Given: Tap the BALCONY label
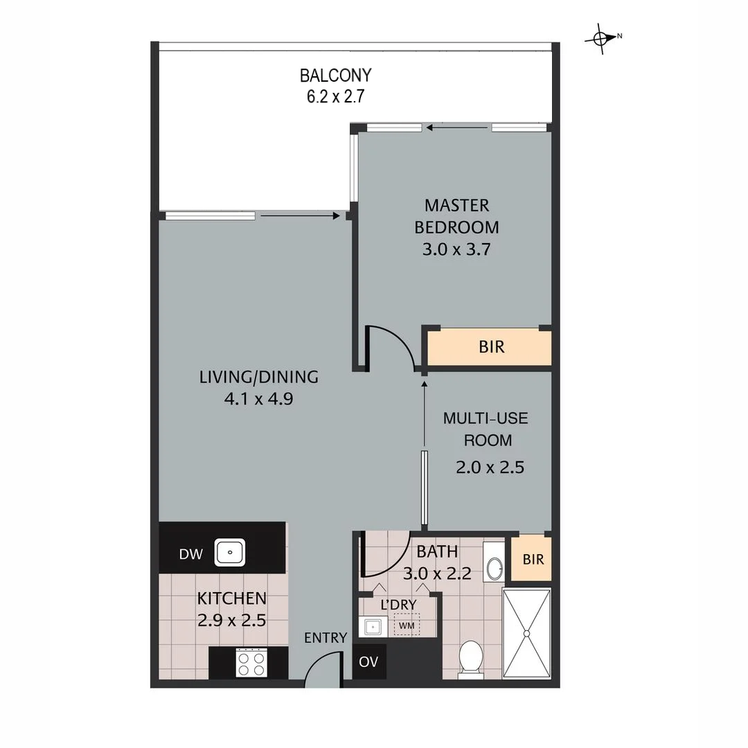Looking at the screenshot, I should tap(336, 75).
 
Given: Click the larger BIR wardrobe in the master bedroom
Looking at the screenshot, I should tap(491, 347).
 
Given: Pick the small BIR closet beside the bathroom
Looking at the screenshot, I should tap(533, 559).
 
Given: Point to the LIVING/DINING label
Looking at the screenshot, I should tap(259, 377).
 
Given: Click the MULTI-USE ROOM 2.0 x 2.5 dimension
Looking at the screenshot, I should tap(490, 467).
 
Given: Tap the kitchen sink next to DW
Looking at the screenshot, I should tap(229, 553).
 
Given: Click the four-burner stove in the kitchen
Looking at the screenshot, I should tap(251, 663).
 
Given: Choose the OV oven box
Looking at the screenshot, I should tap(368, 662).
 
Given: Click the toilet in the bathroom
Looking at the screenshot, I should tap(471, 658).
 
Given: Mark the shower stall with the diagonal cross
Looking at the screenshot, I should tap(526, 633).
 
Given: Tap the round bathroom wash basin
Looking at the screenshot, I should tap(495, 568).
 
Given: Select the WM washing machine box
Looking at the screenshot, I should tap(406, 626).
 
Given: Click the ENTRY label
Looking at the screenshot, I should tap(326, 638).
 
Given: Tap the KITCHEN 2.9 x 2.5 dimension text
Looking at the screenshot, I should tap(231, 620).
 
